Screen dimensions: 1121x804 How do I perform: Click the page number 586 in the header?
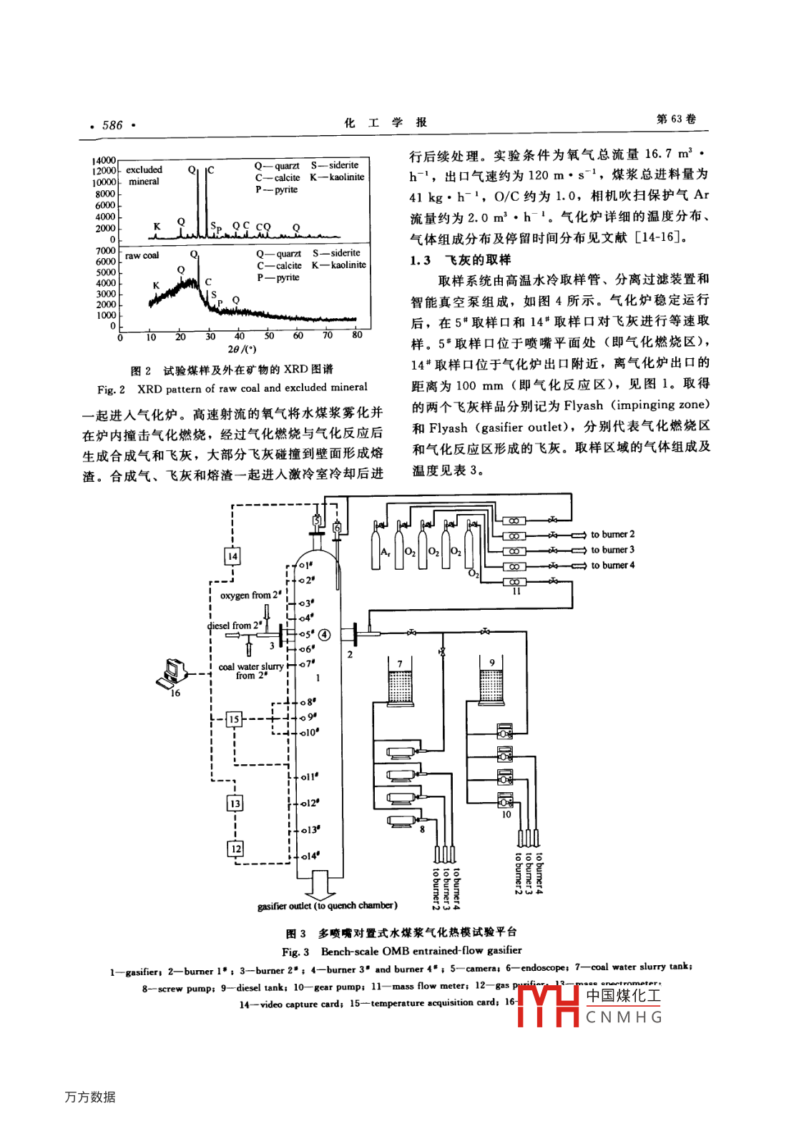(x=112, y=125)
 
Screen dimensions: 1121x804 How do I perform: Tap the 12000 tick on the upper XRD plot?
(x=103, y=171)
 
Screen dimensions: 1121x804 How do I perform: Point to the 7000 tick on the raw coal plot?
(x=105, y=251)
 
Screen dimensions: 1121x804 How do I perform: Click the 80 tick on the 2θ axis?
(x=357, y=335)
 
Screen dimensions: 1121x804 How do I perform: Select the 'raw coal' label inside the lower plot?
(x=142, y=255)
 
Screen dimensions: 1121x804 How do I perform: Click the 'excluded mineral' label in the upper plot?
(x=144, y=175)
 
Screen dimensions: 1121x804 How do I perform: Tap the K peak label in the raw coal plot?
(x=156, y=285)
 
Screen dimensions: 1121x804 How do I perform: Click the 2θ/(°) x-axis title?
(x=242, y=350)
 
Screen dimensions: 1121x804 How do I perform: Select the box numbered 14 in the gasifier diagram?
(x=232, y=556)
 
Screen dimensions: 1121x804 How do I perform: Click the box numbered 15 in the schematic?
(x=234, y=719)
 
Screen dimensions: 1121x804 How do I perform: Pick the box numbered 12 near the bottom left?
(x=235, y=849)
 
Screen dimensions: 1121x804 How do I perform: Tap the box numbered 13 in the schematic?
(x=235, y=804)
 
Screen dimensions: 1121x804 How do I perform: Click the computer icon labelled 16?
(x=171, y=673)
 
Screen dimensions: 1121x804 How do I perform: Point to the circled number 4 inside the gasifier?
(x=324, y=634)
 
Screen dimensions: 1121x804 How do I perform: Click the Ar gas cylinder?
(x=376, y=549)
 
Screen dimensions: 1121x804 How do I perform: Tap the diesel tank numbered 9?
(x=491, y=686)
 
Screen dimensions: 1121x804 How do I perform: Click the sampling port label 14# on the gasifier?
(x=310, y=856)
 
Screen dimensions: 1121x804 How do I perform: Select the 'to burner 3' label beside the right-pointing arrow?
(x=612, y=550)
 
